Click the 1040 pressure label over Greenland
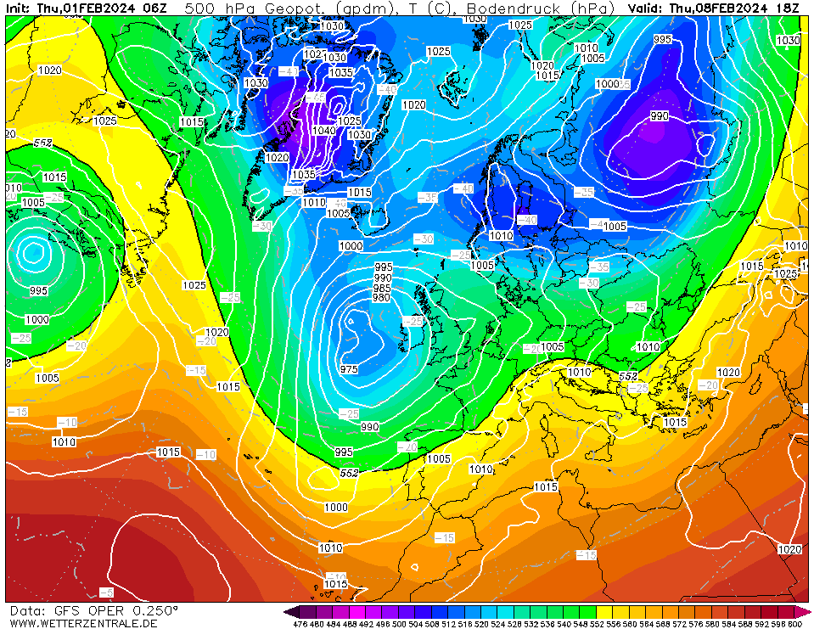323,131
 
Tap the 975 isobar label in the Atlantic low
349,369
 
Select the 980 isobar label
382,297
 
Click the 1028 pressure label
786,273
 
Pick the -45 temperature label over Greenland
316,98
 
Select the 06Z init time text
155,8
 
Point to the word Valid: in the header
647,8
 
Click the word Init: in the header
20,8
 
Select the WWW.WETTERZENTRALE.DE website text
83,623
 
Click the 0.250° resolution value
155,610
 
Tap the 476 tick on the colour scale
300,624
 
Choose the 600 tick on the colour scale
795,624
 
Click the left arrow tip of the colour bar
286,611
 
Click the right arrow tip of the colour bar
810,611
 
